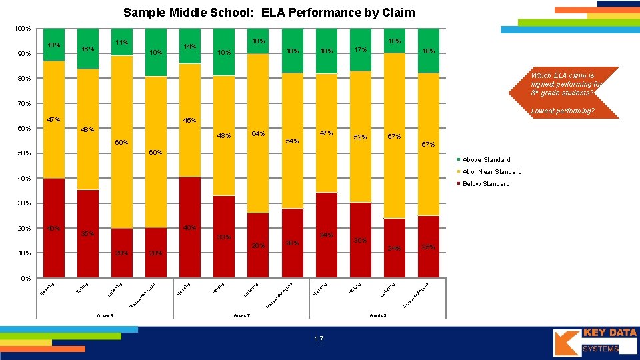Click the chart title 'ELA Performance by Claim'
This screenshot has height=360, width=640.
click(269, 13)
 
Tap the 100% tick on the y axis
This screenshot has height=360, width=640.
click(22, 29)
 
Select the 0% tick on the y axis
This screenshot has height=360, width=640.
click(25, 278)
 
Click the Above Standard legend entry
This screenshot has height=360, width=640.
click(486, 160)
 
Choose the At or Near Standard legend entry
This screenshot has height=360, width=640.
click(492, 172)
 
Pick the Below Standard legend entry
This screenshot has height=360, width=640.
click(486, 184)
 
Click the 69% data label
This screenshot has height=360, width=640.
click(122, 143)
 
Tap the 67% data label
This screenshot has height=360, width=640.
click(394, 137)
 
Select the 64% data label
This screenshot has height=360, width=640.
click(257, 134)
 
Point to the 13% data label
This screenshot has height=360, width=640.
click(54, 45)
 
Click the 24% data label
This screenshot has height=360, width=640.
click(395, 249)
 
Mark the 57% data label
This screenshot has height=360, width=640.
click(427, 144)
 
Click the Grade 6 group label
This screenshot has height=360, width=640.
click(105, 315)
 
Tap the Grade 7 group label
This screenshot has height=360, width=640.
click(241, 315)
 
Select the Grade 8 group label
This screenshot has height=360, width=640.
click(377, 315)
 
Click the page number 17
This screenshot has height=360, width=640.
click(319, 339)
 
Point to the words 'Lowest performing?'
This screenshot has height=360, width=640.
click(562, 111)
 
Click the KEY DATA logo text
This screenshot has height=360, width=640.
click(609, 333)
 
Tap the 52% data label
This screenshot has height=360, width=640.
click(360, 137)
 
